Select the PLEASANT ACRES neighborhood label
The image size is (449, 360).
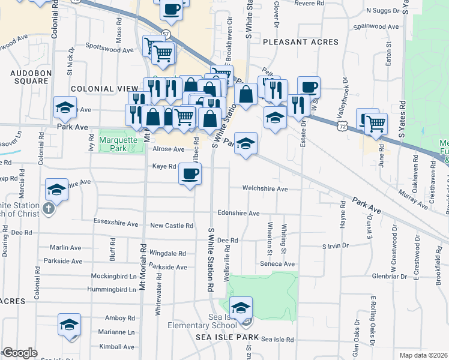tap(300, 42)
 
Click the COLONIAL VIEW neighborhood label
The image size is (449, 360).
tap(100, 89)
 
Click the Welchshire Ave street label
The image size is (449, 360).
tap(265, 188)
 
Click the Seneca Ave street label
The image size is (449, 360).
tap(277, 264)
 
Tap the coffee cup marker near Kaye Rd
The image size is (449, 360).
tap(191, 175)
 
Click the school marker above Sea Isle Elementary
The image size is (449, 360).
tap(241, 308)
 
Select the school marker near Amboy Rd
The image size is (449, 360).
tap(69, 325)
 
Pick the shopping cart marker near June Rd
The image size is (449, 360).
tap(376, 124)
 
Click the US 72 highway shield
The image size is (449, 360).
tap(342, 127)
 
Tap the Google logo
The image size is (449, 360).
tap(19, 353)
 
